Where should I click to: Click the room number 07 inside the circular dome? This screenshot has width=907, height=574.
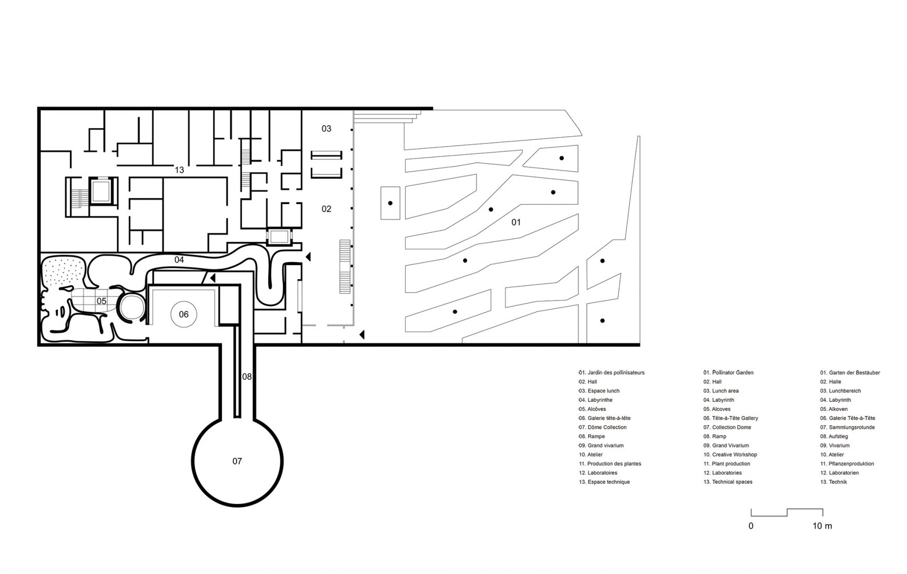click(237, 461)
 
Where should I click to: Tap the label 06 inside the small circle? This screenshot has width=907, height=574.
click(184, 314)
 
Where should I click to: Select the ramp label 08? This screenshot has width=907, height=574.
click(247, 376)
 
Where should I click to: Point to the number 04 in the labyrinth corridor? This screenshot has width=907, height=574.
click(179, 259)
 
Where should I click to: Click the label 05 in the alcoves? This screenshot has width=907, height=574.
click(101, 301)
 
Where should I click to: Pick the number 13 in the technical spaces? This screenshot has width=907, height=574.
click(179, 170)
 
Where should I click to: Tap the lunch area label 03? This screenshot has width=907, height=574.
click(326, 128)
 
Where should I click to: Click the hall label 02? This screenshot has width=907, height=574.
click(326, 209)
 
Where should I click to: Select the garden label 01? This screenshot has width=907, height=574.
click(516, 222)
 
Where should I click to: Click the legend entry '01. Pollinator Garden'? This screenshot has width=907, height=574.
click(728, 373)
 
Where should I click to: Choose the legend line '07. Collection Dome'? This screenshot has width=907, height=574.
click(727, 427)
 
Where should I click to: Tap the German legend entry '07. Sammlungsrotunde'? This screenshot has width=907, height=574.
click(847, 427)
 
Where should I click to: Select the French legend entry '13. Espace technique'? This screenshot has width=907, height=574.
click(604, 482)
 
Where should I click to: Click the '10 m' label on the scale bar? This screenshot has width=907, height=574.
click(822, 526)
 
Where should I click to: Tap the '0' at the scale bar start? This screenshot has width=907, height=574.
click(751, 526)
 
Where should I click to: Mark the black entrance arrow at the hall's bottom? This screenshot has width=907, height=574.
click(361, 334)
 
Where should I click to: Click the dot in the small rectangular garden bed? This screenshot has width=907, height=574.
click(390, 203)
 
